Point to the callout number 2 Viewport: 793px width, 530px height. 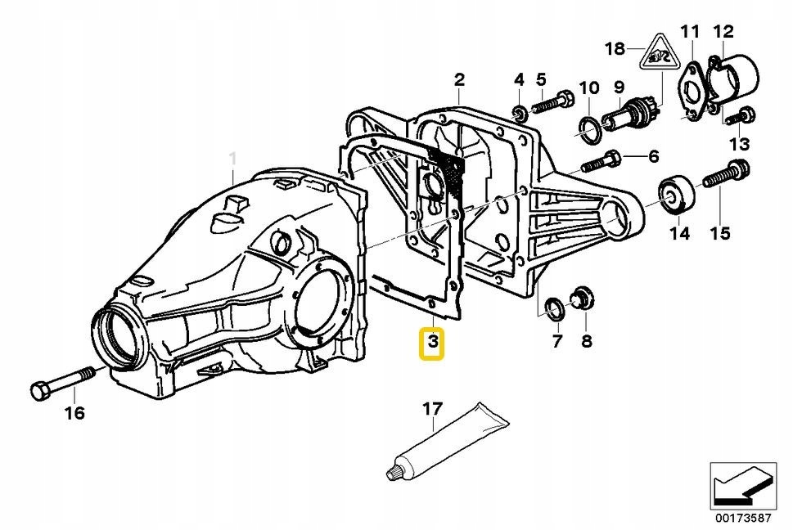pos(459,79)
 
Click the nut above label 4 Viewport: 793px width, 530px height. pos(518,110)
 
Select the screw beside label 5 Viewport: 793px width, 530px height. pos(556,105)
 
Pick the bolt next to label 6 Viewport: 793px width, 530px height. pos(605,157)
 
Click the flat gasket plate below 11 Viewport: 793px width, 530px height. pos(692,92)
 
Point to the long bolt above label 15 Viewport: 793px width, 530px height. pos(725,175)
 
